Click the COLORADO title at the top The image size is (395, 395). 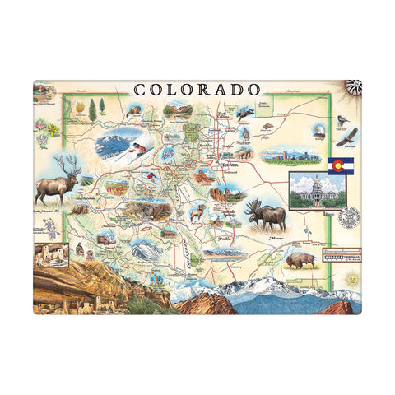pos(197,89)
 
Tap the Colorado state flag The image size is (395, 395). pos(341,165)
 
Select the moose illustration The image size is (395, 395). pos(266,215)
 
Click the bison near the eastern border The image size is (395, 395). pos(300,260)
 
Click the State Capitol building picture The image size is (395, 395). pos(313,190)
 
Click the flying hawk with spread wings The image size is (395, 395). pos(352,135)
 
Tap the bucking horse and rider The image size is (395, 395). pos(244,113)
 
